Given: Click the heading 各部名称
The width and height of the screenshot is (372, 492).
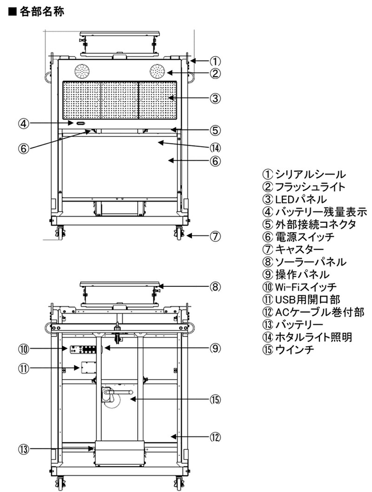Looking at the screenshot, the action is click(42, 12).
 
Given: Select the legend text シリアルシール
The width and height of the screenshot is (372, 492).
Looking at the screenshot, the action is click(310, 175).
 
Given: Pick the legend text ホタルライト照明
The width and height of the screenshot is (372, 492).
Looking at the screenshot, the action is click(314, 337).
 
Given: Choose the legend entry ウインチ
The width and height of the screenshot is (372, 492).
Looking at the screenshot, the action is click(295, 350).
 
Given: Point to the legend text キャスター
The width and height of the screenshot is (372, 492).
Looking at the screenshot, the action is click(299, 249).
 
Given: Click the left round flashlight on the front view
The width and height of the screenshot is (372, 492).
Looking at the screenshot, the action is click(82, 71).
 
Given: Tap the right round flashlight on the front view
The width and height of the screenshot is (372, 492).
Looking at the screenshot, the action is click(157, 71).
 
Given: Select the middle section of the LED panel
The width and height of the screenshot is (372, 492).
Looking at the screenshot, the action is click(120, 100).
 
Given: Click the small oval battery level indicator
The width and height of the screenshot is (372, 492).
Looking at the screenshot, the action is click(80, 123).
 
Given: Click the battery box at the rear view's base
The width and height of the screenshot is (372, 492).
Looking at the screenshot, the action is click(120, 453).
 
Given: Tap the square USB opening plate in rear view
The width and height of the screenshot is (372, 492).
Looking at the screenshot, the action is click(88, 367).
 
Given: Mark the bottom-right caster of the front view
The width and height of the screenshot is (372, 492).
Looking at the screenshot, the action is click(179, 233).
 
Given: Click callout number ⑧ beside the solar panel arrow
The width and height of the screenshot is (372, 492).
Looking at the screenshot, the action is click(215, 287).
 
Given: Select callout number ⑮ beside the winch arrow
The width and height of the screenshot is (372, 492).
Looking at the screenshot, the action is click(215, 400).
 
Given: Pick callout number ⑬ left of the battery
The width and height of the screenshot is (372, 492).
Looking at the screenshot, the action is click(23, 449).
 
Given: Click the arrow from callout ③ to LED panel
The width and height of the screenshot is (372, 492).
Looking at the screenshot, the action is click(189, 98).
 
